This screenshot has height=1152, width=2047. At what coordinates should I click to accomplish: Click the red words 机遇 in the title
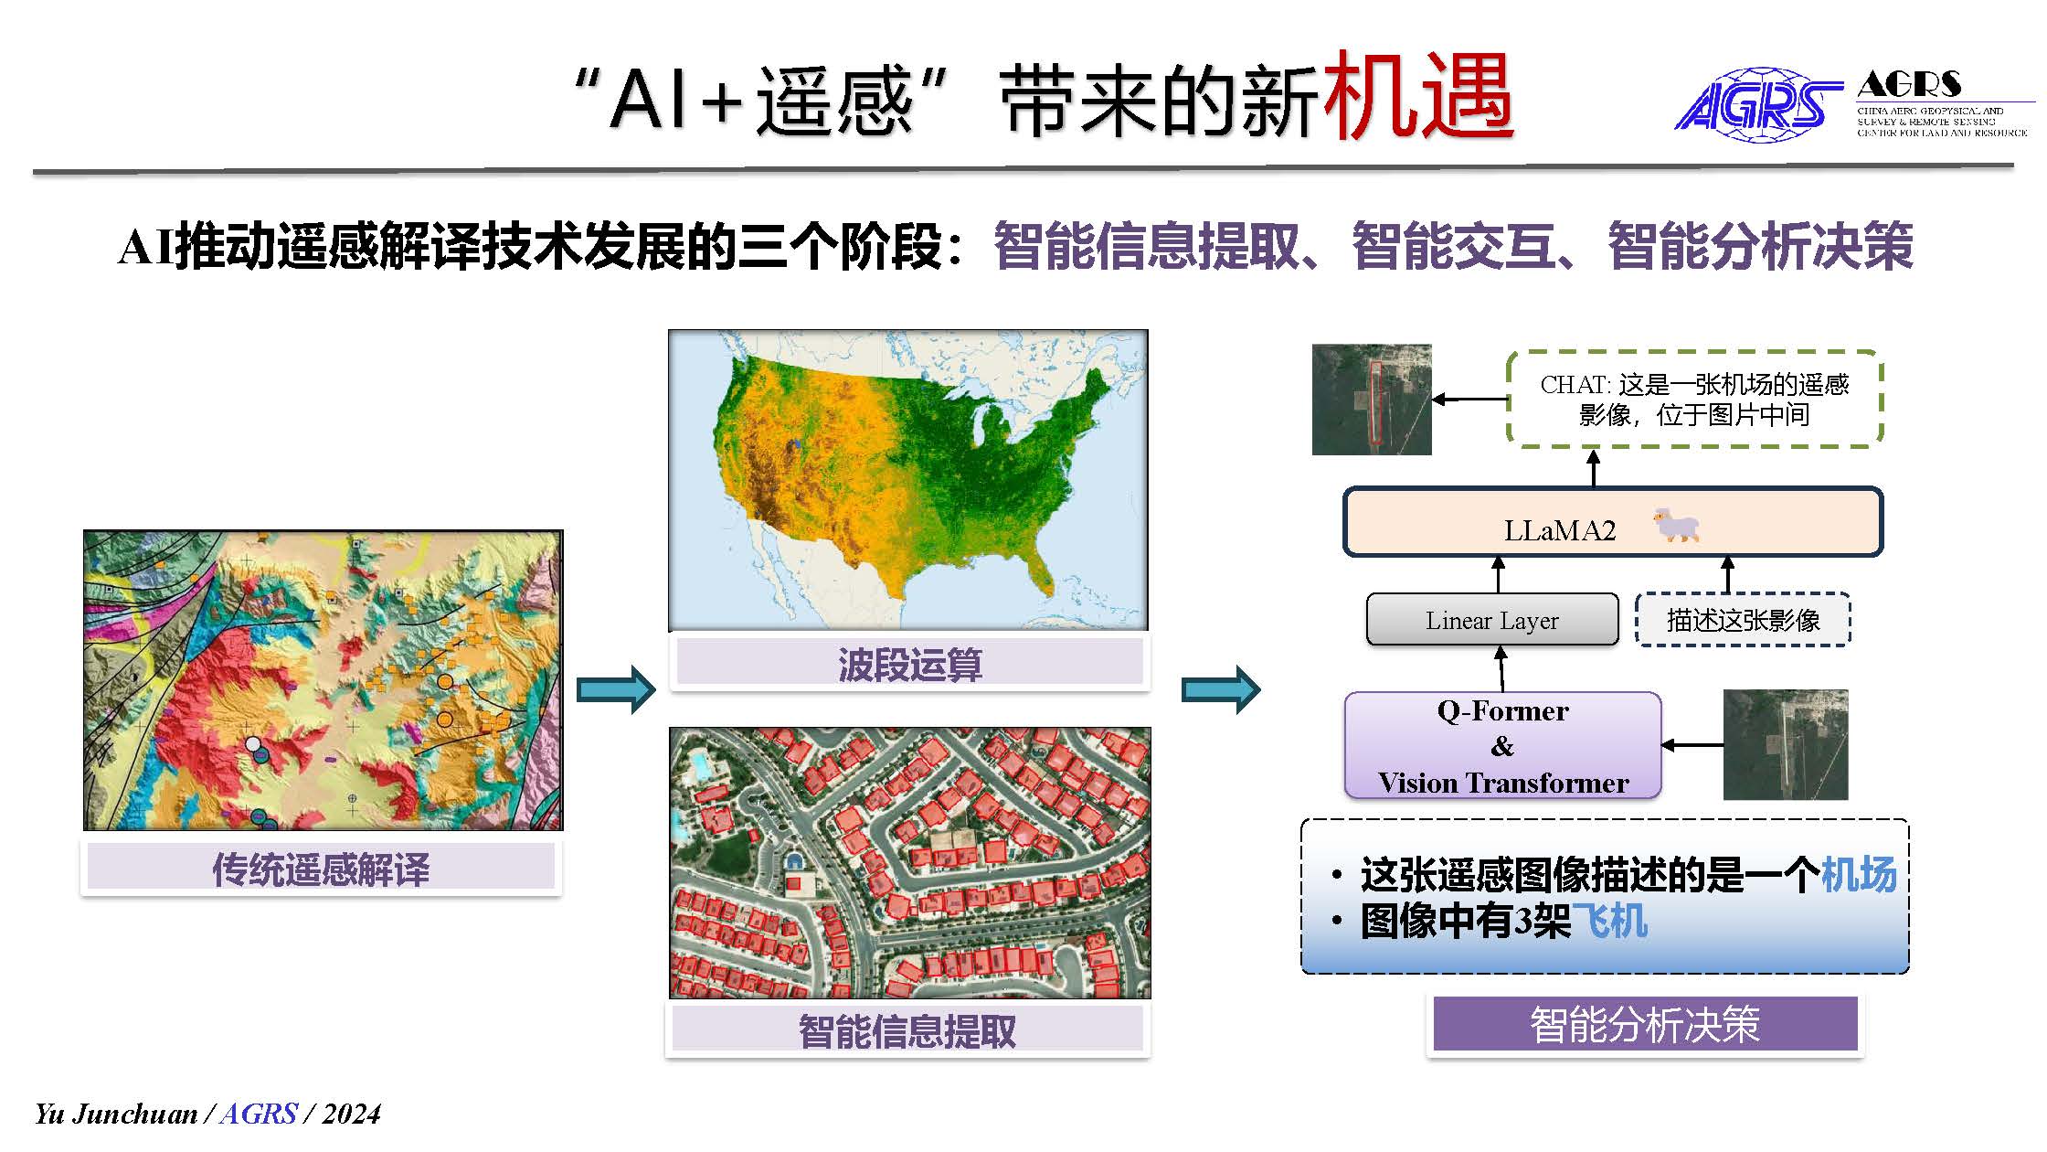click(x=1419, y=97)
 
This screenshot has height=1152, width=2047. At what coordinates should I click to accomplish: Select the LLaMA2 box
click(x=1613, y=522)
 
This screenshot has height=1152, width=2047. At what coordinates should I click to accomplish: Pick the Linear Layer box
click(x=1492, y=620)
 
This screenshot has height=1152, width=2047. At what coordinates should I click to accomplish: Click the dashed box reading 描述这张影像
click(x=1743, y=620)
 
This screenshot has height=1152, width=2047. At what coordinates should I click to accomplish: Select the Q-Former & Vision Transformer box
click(x=1503, y=745)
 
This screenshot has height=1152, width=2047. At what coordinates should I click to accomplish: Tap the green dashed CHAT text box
click(x=1695, y=399)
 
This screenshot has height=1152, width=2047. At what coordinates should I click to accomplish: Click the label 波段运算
click(x=910, y=664)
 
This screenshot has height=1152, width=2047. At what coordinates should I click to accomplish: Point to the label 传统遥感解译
click(x=321, y=869)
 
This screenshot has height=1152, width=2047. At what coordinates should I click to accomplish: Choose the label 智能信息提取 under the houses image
click(x=907, y=1030)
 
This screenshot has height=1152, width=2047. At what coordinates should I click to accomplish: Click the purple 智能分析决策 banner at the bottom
click(x=1645, y=1024)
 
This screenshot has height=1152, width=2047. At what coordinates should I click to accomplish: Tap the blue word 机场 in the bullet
click(x=1859, y=874)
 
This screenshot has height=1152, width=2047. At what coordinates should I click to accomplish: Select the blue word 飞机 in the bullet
click(x=1609, y=920)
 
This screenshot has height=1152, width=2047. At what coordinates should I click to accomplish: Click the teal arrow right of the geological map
click(x=616, y=689)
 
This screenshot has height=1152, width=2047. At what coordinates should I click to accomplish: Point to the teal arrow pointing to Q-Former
click(x=1221, y=689)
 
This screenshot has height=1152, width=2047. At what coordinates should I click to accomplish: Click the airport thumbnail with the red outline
click(x=1372, y=400)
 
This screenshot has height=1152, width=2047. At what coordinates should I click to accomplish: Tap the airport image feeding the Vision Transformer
click(x=1786, y=745)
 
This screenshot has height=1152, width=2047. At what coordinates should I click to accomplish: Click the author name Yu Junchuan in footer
click(x=116, y=1114)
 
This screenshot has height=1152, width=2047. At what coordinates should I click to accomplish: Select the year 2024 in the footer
click(x=351, y=1114)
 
